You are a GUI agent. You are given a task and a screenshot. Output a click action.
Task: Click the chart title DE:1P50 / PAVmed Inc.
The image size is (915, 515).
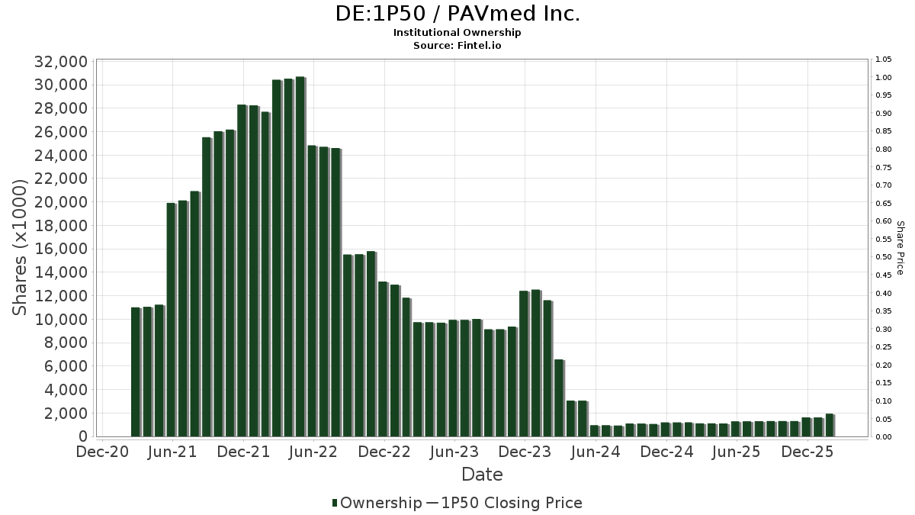[x=457, y=14]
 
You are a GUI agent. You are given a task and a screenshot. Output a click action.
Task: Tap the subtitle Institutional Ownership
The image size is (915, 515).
[x=457, y=33]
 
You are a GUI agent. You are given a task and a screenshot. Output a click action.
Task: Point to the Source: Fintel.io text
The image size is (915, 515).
[x=457, y=45]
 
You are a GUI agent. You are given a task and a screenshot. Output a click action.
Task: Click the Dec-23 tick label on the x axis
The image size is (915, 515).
[x=526, y=452]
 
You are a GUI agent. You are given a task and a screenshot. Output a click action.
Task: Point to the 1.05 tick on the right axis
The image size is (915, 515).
[x=884, y=60]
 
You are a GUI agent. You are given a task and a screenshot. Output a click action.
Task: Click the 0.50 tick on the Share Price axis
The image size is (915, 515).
[x=884, y=257]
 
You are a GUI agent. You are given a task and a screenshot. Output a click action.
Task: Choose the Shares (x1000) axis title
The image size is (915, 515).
[x=21, y=247]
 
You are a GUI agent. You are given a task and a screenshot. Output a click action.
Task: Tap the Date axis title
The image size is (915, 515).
[x=482, y=475]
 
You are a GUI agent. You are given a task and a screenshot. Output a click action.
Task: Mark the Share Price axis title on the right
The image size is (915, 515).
[x=900, y=247]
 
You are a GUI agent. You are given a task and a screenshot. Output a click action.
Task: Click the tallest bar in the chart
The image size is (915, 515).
[x=300, y=256]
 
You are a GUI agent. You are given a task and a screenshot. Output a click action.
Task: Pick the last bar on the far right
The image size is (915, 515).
[x=829, y=425]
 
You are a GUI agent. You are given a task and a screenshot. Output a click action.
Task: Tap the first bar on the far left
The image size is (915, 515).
[x=135, y=372]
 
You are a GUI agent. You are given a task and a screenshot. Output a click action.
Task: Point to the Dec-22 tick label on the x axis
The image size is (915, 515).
[x=385, y=452]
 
